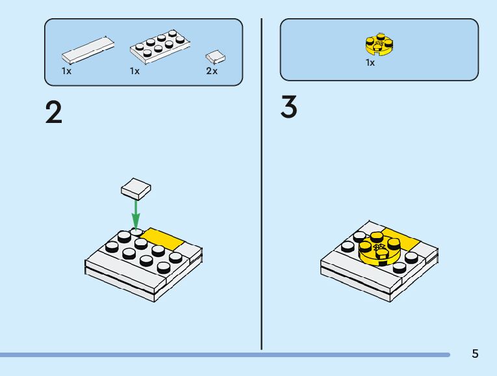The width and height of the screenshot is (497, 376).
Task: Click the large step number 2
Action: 54,113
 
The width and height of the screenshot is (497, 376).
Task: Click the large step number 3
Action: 289,107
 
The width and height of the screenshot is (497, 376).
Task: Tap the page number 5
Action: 475,354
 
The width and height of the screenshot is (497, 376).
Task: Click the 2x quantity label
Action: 212,71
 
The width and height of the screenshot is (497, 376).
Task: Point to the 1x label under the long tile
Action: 66,71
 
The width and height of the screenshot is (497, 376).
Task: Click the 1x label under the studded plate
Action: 134,71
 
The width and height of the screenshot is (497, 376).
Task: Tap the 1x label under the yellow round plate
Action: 370,63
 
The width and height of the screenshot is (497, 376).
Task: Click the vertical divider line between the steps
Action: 261,182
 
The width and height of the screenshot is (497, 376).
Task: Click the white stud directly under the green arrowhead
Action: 136,232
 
